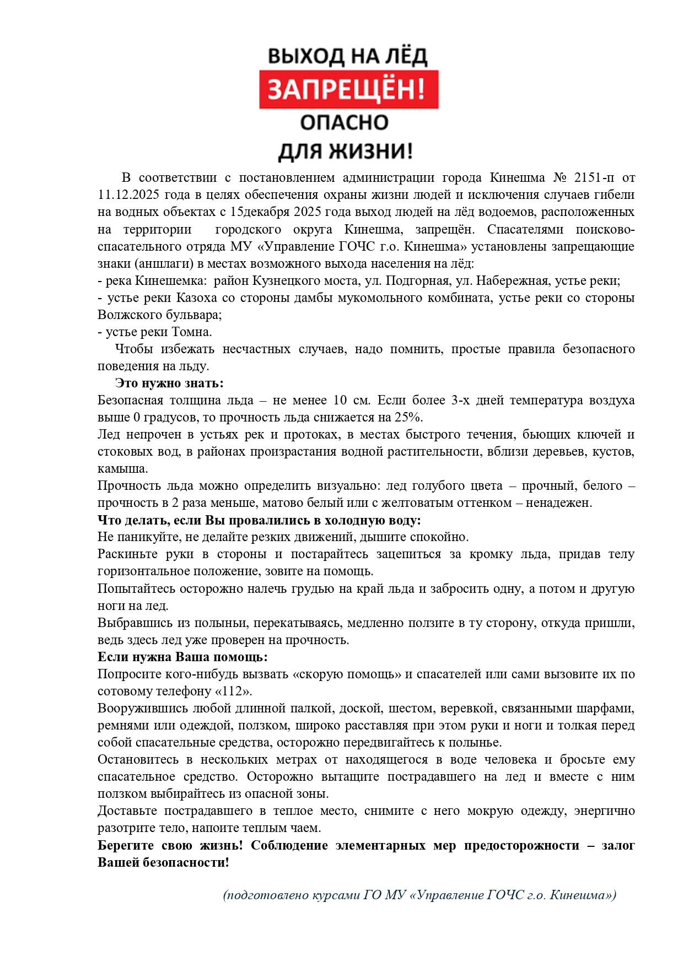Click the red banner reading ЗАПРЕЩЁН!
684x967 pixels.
pyautogui.click(x=348, y=89)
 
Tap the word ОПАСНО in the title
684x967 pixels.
pyautogui.click(x=344, y=122)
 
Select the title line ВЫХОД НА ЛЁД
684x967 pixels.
pyautogui.click(x=347, y=56)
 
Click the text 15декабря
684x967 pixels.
pyautogui.click(x=260, y=212)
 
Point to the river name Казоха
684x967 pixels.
pyautogui.click(x=197, y=298)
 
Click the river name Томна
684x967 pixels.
pyautogui.click(x=192, y=332)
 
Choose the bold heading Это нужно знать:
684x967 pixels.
pyautogui.click(x=169, y=383)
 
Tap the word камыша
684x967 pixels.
pyautogui.click(x=122, y=469)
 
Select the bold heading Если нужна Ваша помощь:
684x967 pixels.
pyautogui.click(x=182, y=657)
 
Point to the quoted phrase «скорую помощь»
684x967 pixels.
pyautogui.click(x=347, y=674)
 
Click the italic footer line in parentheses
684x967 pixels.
pyautogui.click(x=419, y=895)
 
